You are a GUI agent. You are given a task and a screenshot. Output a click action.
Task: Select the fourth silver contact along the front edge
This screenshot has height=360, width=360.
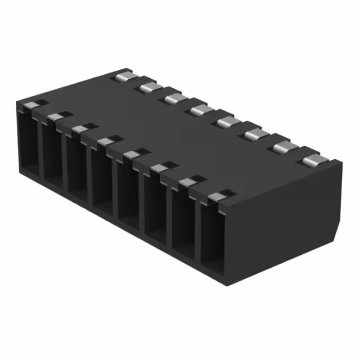tap(107, 141)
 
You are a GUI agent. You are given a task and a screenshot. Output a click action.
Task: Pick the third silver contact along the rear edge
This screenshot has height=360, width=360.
tap(175, 98)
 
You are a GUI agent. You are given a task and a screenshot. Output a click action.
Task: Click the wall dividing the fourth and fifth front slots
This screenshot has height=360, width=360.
tap(115, 188)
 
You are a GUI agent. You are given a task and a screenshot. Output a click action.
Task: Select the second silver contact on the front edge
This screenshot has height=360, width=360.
tap(57, 116)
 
